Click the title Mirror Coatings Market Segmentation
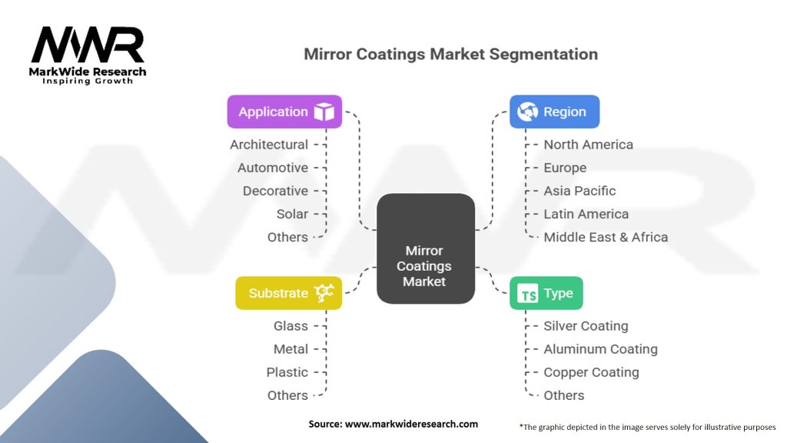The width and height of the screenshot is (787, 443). click(x=450, y=55)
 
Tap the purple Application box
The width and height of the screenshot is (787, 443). click(x=284, y=112)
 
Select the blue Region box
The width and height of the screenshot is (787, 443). click(x=554, y=112)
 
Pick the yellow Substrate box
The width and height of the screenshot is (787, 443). click(x=288, y=293)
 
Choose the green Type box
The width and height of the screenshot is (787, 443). click(x=546, y=293)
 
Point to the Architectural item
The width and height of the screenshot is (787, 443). click(x=269, y=145)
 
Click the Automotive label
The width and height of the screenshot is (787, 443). click(x=273, y=168)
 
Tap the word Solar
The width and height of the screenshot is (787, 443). click(x=292, y=214)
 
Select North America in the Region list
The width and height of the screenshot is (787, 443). click(x=588, y=145)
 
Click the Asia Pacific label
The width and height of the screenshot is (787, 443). click(x=579, y=191)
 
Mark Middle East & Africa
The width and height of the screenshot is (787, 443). click(x=606, y=237)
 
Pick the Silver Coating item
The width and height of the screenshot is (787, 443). click(x=586, y=326)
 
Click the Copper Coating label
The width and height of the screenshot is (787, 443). click(x=591, y=372)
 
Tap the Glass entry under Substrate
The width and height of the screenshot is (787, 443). click(x=291, y=326)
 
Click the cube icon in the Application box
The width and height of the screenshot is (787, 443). click(x=324, y=112)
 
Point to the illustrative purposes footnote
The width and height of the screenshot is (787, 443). click(x=648, y=426)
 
